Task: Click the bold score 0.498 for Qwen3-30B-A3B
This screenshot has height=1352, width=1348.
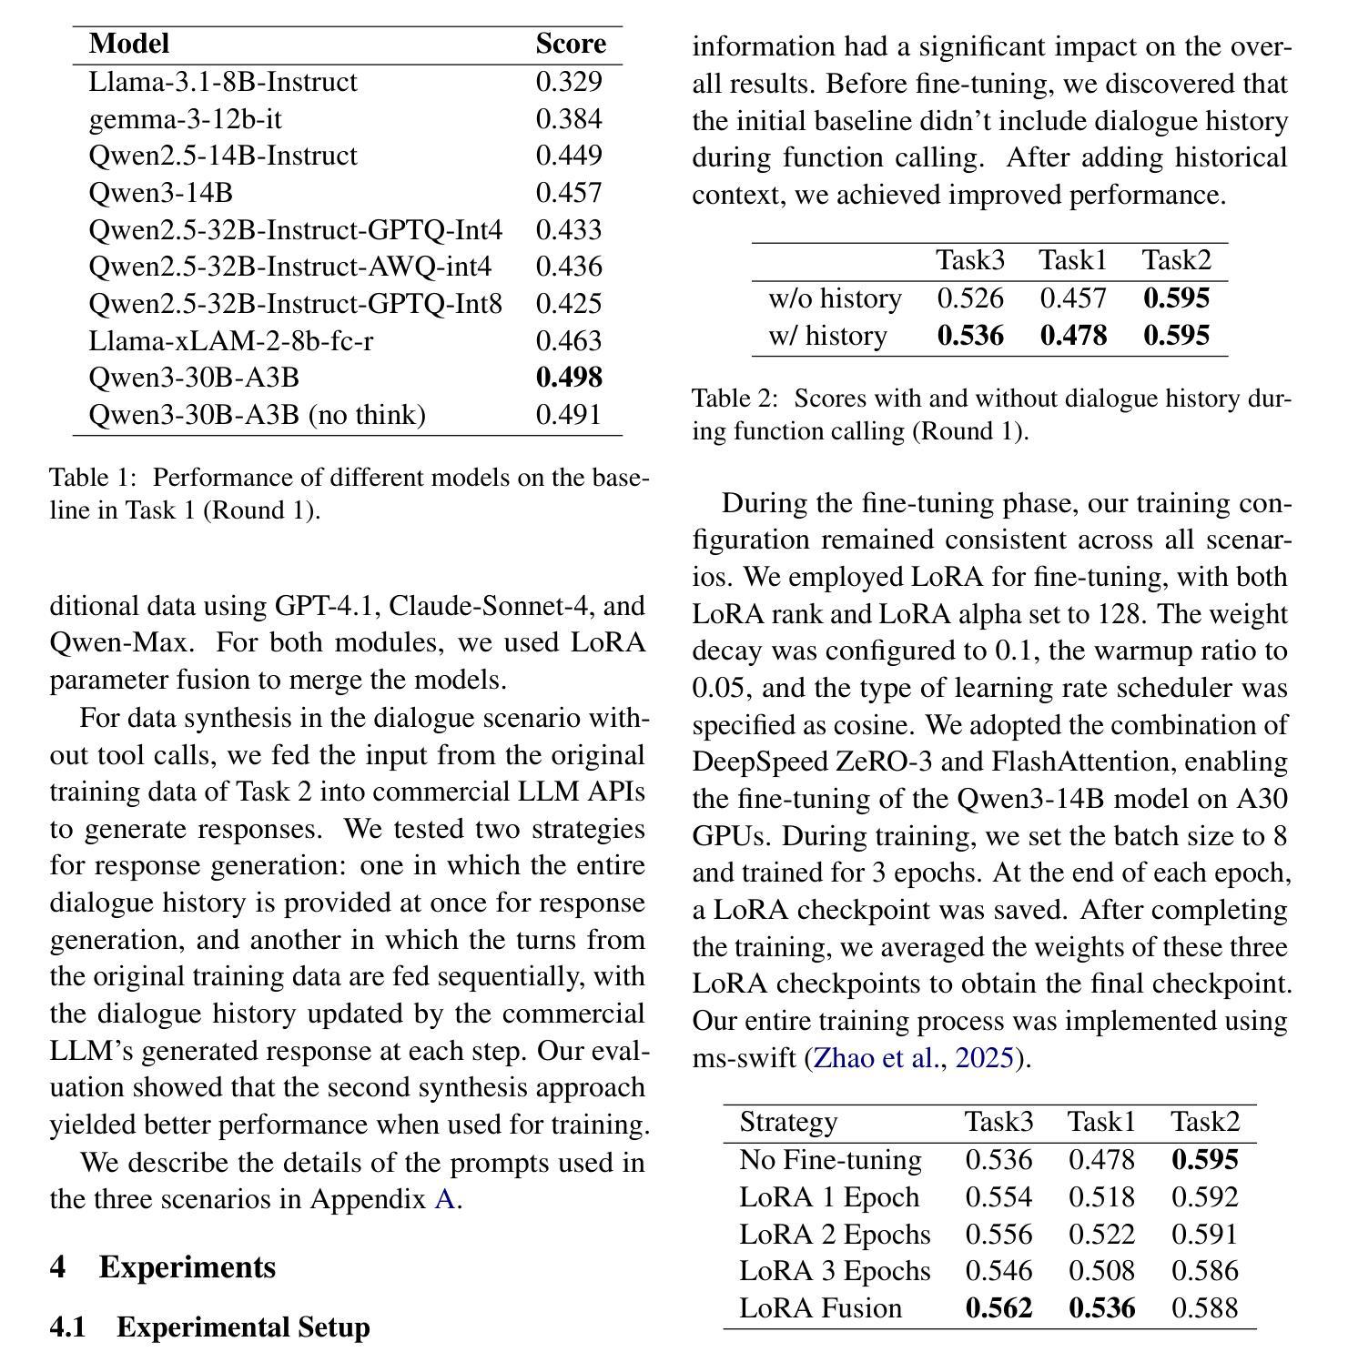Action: [x=569, y=378]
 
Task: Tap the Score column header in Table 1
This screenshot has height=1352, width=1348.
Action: [x=571, y=44]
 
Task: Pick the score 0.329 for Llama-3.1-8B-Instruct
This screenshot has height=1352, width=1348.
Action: [x=569, y=82]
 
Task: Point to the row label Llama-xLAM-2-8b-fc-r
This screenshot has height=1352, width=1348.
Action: [x=230, y=341]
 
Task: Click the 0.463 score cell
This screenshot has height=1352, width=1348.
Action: [x=569, y=341]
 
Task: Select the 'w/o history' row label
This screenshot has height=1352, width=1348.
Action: [x=835, y=298]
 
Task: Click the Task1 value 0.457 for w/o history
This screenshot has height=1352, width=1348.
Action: [x=1073, y=298]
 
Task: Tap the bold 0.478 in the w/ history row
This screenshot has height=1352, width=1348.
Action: [x=1073, y=336]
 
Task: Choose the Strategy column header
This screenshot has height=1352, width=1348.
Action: [x=788, y=1122]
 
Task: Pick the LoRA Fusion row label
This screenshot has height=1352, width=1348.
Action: [x=820, y=1308]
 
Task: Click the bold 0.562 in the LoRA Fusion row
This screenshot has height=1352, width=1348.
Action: [x=998, y=1308]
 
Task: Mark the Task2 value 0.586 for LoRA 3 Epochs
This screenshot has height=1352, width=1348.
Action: [x=1204, y=1271]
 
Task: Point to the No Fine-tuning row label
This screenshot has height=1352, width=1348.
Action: [x=830, y=1160]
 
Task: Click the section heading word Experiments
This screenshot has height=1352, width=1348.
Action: [x=187, y=1267]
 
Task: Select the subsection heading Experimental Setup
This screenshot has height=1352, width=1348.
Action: [x=243, y=1327]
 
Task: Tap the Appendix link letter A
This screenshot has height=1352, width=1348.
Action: [x=444, y=1199]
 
